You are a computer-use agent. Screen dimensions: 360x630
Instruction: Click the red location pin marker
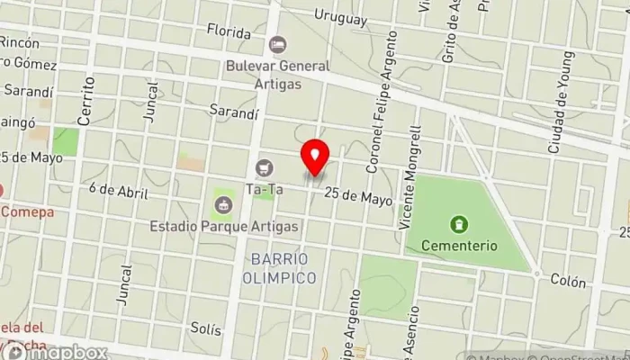315,158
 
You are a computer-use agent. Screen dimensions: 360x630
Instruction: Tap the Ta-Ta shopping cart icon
264,167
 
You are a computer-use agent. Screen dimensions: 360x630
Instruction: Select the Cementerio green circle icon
459,222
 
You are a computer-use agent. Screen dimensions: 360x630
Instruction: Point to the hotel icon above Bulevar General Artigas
277,44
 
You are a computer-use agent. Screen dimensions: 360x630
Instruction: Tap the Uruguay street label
341,17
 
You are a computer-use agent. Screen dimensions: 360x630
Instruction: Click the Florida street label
229,31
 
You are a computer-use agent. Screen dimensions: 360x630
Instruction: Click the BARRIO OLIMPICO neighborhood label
280,268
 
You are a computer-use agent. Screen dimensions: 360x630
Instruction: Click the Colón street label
568,281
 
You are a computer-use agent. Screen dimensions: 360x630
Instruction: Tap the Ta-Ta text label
264,189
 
